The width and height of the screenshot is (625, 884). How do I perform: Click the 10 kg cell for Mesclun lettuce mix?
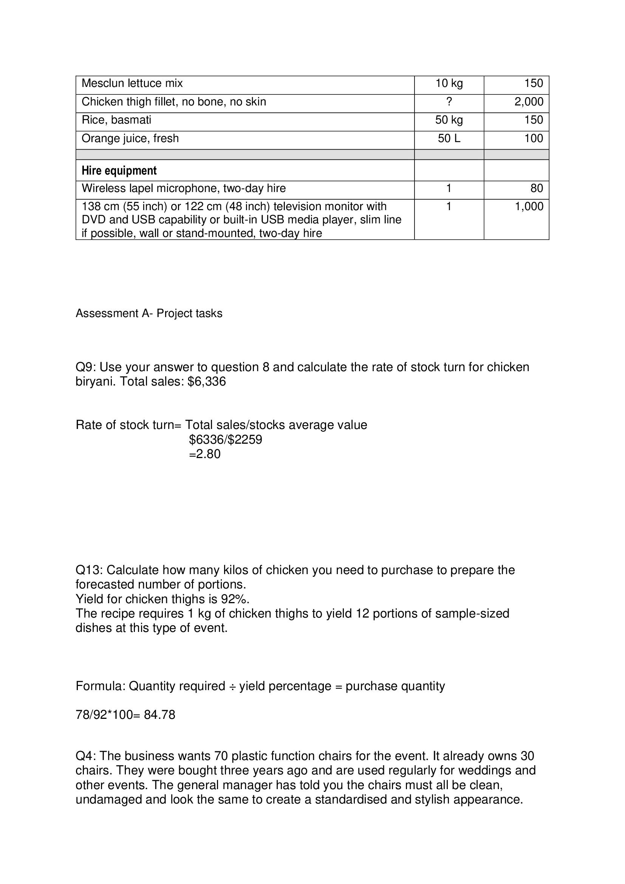coord(449,84)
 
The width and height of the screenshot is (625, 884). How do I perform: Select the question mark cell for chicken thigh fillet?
coord(449,102)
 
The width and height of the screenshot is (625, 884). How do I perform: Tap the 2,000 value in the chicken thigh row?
coord(529,102)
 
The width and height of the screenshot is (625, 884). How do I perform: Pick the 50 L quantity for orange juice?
coord(449,139)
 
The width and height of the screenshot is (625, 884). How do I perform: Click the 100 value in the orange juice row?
coord(534,139)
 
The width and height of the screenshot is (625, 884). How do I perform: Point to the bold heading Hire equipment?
coord(119,170)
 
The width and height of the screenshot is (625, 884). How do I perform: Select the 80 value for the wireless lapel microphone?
coord(537,188)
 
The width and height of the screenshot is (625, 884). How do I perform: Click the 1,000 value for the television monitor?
coord(529,207)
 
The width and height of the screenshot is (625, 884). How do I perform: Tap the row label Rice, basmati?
coord(116,120)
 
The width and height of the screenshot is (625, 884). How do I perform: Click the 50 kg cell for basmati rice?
coord(449,120)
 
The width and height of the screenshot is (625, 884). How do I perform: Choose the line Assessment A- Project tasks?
coord(149,313)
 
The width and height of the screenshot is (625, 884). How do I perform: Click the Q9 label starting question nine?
coord(85,367)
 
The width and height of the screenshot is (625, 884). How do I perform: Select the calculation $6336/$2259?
coord(226,440)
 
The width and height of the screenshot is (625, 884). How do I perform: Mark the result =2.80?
coord(205,454)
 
